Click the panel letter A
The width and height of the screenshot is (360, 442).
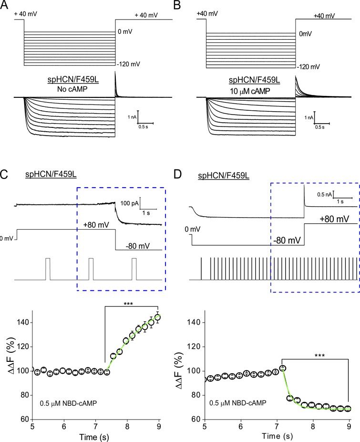4,5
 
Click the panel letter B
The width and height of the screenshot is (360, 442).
176,5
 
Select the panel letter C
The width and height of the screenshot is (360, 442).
4,175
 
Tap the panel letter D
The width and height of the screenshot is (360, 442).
178,175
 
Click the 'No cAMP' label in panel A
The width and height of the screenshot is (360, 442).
72,89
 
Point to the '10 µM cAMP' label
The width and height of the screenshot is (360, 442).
250,91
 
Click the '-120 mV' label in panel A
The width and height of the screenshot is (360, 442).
129,64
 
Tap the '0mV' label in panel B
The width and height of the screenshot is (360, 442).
305,34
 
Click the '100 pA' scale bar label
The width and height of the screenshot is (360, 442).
130,203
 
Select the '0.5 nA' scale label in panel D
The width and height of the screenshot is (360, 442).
325,194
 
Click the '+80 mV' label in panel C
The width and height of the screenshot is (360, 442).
96,225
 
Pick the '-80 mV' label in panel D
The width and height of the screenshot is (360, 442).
288,241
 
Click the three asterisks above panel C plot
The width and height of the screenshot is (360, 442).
128,304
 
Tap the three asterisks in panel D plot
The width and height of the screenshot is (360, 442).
320,356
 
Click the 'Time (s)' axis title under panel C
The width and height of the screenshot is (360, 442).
94,437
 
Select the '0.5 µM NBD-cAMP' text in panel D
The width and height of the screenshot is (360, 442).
237,403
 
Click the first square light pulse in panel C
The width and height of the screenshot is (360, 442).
48,269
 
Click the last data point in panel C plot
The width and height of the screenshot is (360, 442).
158,317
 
